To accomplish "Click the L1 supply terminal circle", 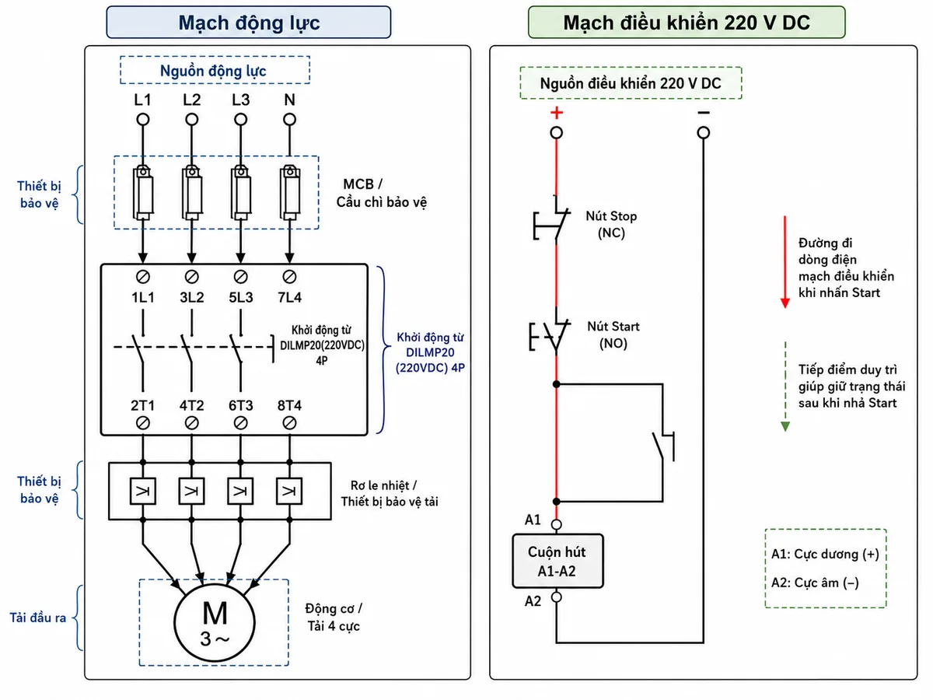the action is point(143,120).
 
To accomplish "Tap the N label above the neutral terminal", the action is point(289,100).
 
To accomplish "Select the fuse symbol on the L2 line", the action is point(192,193).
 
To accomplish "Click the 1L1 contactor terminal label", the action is point(143,297).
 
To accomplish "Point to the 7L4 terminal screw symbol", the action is point(289,277).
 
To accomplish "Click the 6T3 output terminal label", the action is point(240,405).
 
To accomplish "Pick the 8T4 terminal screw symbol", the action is point(289,423).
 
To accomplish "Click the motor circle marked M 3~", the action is point(215,622).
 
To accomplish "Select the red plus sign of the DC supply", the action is point(557,113).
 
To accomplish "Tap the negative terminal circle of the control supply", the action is point(704,133).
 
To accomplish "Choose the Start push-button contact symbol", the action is point(550,331).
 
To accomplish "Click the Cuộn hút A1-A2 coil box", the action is point(557,561).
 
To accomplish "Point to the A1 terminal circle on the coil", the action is point(557,524).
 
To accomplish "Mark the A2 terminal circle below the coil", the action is point(557,597).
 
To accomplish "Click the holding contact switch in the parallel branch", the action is point(663,446).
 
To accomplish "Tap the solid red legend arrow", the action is point(785,262).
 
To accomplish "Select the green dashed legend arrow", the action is point(785,387).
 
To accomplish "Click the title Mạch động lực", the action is point(249,23).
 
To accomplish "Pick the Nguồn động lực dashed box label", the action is point(213,71).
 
